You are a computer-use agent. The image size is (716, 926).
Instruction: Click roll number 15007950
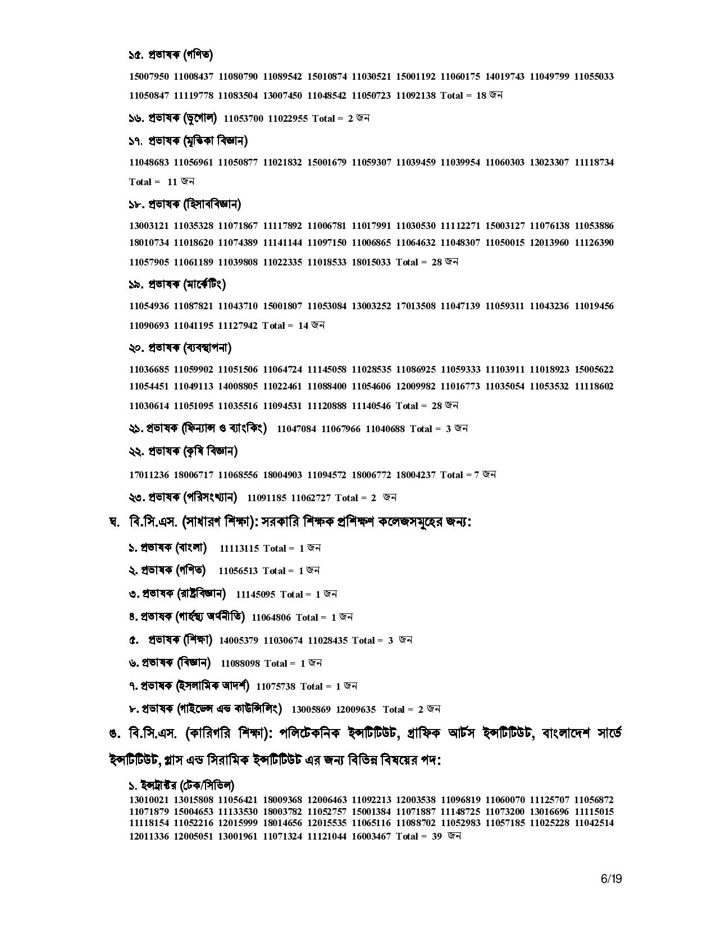(x=149, y=76)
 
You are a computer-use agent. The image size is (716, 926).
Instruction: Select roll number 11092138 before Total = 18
(x=416, y=95)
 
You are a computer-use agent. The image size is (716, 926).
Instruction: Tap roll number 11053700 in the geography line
(x=243, y=118)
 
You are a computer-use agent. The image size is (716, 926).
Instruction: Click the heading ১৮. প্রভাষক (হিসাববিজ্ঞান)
(x=185, y=204)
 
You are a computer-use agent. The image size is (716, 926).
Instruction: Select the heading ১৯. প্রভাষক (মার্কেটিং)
(x=177, y=285)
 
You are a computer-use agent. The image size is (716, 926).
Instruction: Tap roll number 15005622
(x=594, y=370)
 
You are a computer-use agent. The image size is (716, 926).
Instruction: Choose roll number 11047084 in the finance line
(x=297, y=429)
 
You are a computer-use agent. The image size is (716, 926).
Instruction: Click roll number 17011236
(x=149, y=475)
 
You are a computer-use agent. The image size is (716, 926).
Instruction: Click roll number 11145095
(x=256, y=594)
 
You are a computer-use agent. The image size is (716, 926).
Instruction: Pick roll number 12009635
(x=356, y=709)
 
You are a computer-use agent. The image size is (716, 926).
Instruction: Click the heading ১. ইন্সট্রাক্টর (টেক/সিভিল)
(x=182, y=785)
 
